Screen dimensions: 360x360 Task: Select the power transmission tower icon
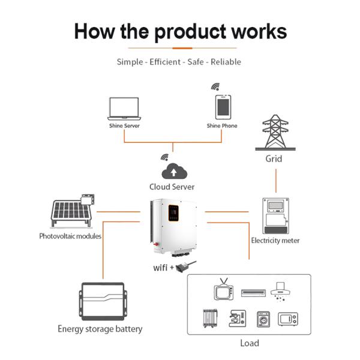coord(274,133)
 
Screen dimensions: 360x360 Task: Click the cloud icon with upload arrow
coord(173,170)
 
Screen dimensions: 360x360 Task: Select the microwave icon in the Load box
coord(292,319)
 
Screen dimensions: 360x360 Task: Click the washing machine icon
coord(263,319)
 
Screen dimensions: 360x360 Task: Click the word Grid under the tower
coord(274,159)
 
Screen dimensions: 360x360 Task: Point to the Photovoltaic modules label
coord(70,236)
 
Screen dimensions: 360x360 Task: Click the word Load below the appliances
coord(249,343)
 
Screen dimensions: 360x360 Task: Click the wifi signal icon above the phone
coord(215,87)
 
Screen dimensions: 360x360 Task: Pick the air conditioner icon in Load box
coord(253,293)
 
